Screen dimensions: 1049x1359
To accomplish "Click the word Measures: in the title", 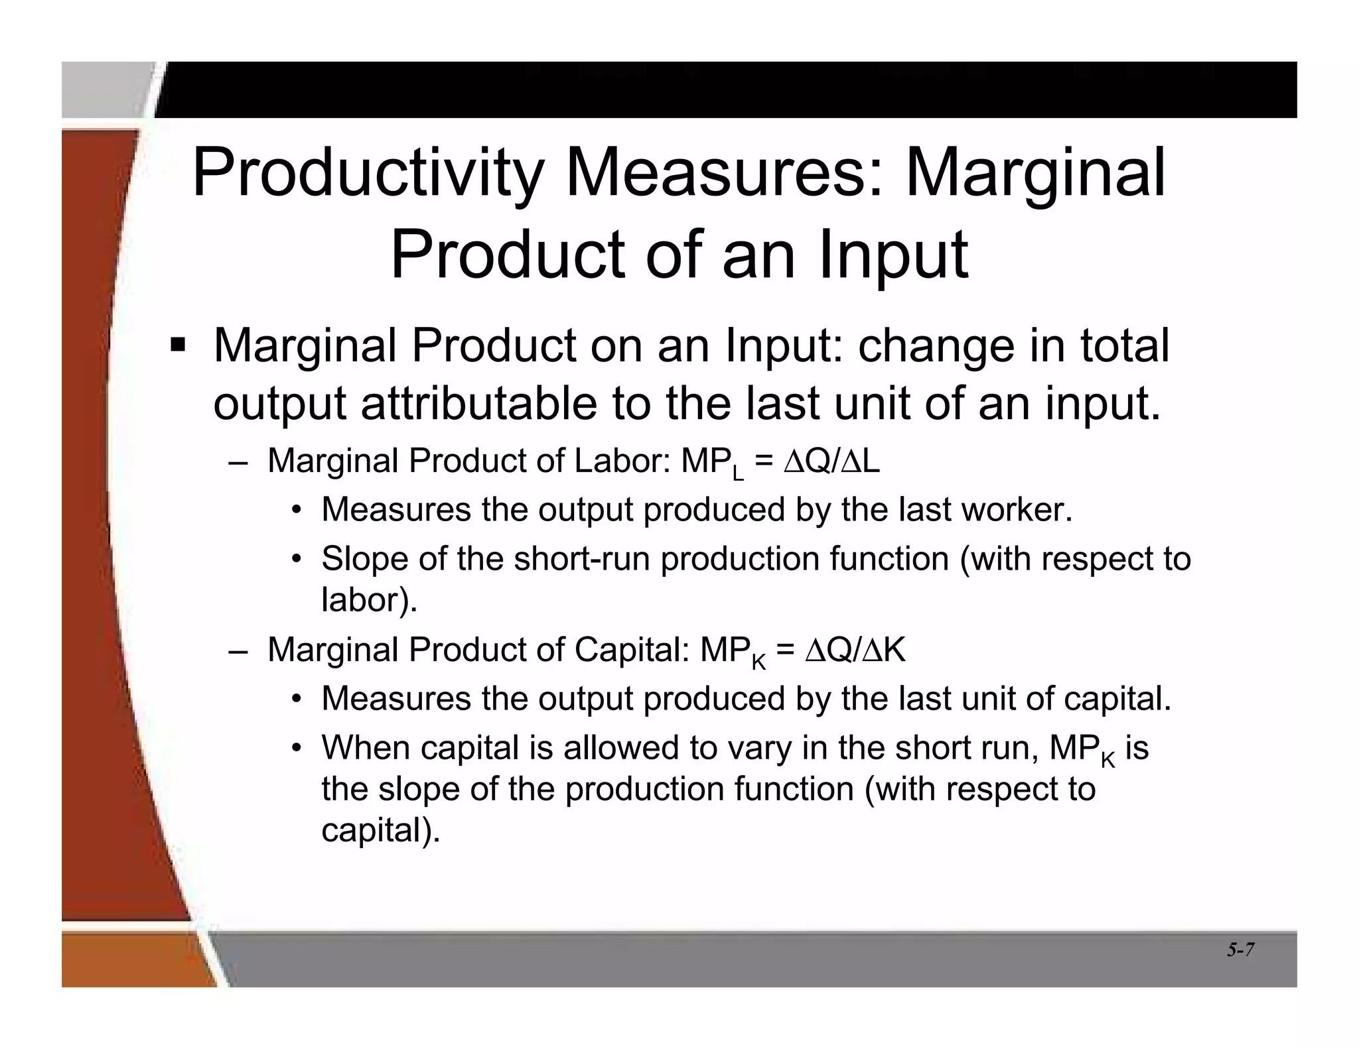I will point(724,173).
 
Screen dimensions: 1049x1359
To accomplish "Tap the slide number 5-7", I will point(1240,950).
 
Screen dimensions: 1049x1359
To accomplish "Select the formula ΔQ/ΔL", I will point(831,461).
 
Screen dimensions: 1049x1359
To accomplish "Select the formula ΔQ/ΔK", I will point(855,650).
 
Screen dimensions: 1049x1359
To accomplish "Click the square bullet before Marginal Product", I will point(178,345).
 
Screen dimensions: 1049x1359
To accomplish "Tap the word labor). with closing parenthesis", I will point(370,599).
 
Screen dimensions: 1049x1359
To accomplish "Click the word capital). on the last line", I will point(381,830).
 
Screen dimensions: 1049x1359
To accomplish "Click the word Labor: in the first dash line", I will point(622,461).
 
